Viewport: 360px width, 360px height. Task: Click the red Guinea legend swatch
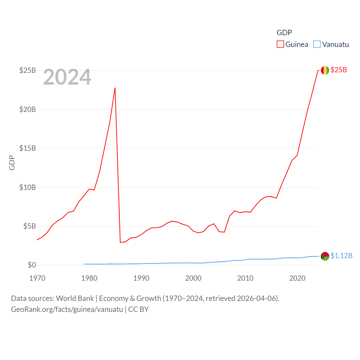280,44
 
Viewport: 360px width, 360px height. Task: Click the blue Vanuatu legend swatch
317,44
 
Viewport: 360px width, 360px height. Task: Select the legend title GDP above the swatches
284,33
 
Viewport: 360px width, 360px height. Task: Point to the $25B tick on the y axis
28,70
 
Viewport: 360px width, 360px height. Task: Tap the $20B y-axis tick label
28,109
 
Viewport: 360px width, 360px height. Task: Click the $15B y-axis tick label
28,148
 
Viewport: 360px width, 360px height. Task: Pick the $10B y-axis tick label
28,187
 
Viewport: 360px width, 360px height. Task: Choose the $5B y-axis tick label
30,226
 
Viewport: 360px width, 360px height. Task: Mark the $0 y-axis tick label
32,265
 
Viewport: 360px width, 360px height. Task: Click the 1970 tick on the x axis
37,278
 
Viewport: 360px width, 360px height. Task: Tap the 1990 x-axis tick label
141,278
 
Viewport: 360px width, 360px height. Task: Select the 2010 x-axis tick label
245,278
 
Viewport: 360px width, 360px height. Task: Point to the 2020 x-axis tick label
297,278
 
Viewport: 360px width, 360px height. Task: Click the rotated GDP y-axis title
12,163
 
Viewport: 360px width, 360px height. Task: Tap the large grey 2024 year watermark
67,77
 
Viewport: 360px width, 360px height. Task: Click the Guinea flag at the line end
325,70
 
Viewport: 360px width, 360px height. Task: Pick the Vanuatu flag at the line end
325,256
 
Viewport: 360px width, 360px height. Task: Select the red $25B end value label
339,70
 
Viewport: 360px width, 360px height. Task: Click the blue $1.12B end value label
341,256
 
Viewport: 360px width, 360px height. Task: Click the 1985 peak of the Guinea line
115,88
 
